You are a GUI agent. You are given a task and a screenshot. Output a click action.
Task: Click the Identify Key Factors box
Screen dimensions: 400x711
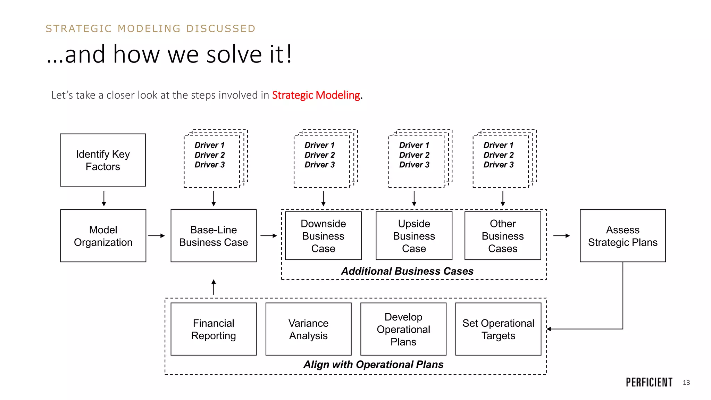[103, 160]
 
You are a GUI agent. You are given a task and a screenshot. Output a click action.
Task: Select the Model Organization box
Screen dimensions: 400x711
[103, 236]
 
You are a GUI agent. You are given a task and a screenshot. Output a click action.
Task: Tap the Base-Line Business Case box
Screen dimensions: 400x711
[214, 236]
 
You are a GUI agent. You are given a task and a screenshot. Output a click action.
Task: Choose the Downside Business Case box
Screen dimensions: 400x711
[323, 236]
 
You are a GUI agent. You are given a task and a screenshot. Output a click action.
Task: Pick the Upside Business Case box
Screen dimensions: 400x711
[414, 236]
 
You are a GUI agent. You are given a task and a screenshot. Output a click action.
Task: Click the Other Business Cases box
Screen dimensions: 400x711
[503, 236]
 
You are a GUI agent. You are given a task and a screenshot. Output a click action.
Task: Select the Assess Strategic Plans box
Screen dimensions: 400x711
[622, 236]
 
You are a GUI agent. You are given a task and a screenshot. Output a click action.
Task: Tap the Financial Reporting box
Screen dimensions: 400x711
[214, 329]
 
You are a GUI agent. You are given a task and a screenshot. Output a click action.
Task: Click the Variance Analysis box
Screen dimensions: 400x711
[308, 329]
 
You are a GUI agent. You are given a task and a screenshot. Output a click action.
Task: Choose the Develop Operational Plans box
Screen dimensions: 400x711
[403, 329]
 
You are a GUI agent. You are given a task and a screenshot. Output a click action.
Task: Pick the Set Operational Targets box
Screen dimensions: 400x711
[498, 329]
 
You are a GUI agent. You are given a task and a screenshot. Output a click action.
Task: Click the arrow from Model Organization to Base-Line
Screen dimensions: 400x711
[157, 236]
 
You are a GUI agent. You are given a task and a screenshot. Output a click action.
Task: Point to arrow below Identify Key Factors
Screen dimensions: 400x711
[104, 199]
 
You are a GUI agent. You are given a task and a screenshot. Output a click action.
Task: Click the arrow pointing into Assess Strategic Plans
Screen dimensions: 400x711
[561, 236]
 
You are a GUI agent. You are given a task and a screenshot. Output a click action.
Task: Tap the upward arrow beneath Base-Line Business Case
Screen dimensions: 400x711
[214, 287]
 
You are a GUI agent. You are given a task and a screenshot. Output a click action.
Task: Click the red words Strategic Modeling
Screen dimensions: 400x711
[316, 95]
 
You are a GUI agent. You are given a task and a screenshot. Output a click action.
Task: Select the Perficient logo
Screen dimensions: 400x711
[649, 382]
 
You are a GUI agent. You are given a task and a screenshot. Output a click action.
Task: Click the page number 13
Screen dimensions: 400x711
[686, 383]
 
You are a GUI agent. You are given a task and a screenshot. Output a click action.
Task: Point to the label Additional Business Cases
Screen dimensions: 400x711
[407, 271]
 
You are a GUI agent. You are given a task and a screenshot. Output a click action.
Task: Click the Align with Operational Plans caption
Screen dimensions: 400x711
[373, 365]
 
